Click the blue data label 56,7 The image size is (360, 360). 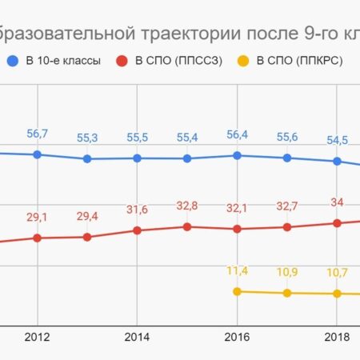point(38,132)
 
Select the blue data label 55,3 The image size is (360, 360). point(87,138)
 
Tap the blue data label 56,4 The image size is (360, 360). point(237,134)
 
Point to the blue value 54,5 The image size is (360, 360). point(337,141)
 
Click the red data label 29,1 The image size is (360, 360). point(38,217)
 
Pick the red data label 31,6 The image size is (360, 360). point(138,210)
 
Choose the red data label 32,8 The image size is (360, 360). point(187,206)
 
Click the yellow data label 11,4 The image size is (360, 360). point(237,270)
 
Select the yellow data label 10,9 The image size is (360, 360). point(286,272)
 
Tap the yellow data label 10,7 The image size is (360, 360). point(337,273)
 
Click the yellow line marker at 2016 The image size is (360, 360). point(237,291)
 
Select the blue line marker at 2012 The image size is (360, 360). point(38,154)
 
